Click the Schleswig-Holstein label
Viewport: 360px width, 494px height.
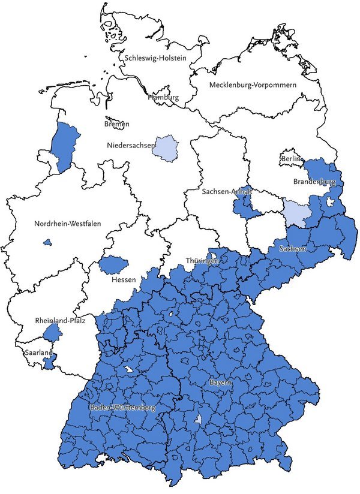coord(155,58)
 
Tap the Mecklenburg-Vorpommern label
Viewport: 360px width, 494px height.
coord(253,85)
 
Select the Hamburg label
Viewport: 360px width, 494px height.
coord(163,97)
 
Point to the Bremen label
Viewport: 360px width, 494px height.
coord(116,124)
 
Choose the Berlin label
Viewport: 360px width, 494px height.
coord(290,158)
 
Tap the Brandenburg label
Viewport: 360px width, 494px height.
coord(314,180)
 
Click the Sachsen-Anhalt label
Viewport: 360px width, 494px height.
coord(227,191)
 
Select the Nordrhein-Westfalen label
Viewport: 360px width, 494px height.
coord(67,224)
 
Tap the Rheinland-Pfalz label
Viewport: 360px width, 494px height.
coord(60,321)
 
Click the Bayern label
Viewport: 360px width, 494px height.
coord(220,382)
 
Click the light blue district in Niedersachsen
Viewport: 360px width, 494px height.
coord(166,148)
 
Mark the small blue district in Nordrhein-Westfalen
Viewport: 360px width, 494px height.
coord(46,242)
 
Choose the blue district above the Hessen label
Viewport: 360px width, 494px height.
coord(113,264)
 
